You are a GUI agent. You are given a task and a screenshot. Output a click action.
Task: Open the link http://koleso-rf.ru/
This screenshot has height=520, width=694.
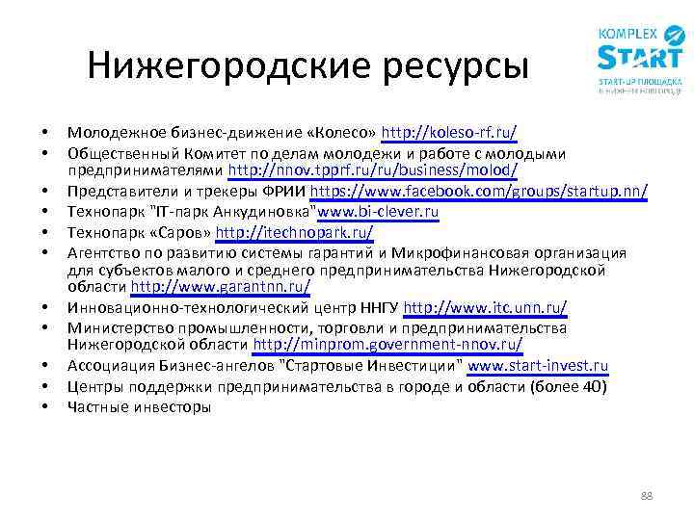(x=448, y=132)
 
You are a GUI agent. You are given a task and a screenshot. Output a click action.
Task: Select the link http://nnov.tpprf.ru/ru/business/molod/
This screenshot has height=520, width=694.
(x=373, y=170)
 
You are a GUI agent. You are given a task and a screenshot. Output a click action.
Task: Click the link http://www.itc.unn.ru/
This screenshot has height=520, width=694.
(x=485, y=307)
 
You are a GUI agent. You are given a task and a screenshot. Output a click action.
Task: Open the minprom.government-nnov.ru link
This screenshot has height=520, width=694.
(x=388, y=344)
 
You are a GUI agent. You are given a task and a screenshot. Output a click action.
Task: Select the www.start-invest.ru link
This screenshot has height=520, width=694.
(x=538, y=366)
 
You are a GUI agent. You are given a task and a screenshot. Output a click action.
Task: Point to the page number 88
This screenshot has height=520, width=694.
(x=646, y=495)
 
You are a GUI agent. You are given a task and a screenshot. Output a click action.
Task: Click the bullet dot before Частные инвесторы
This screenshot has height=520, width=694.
(x=45, y=406)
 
